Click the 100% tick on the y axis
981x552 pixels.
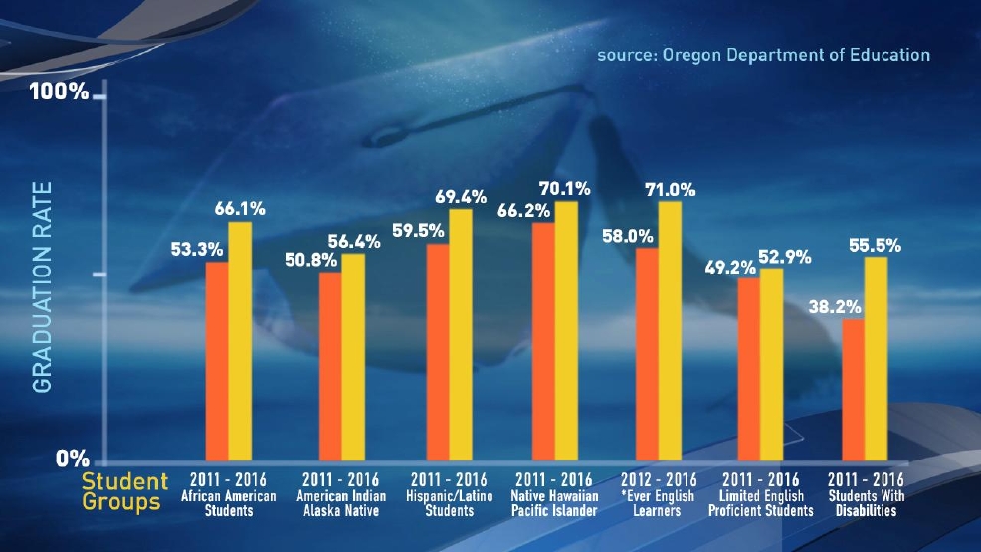[x=60, y=93]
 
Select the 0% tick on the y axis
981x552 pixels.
[x=73, y=459]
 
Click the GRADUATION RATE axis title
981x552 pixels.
[x=42, y=287]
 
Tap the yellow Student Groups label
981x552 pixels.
[x=122, y=492]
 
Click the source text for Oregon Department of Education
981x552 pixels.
[x=763, y=55]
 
